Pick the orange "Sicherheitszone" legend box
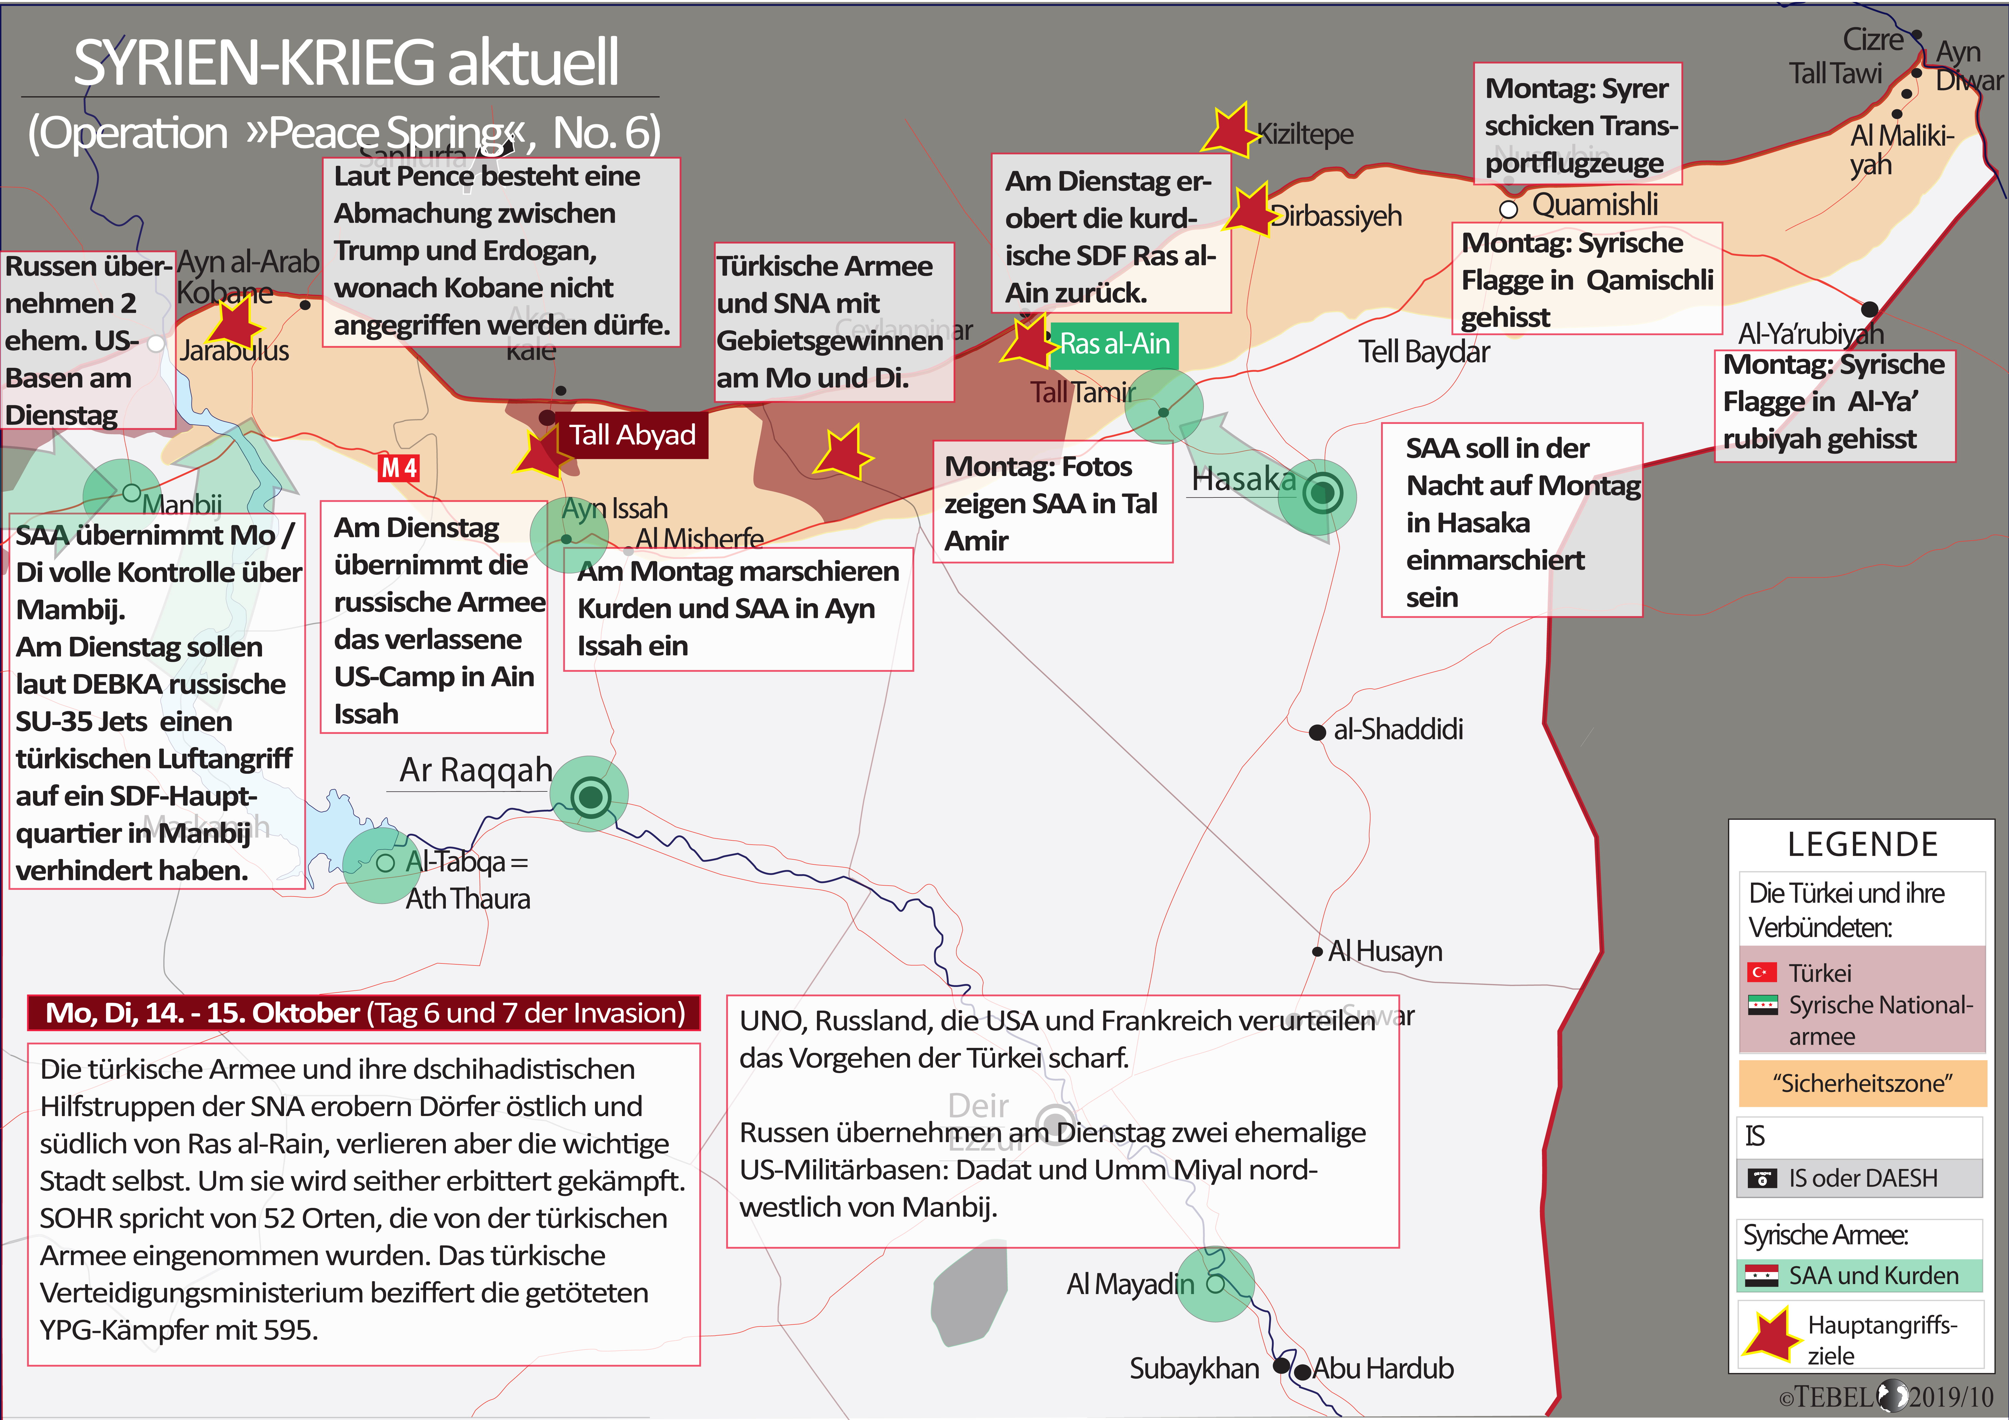coord(1862,1083)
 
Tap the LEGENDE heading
coord(1862,844)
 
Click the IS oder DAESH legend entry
coord(1862,1178)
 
